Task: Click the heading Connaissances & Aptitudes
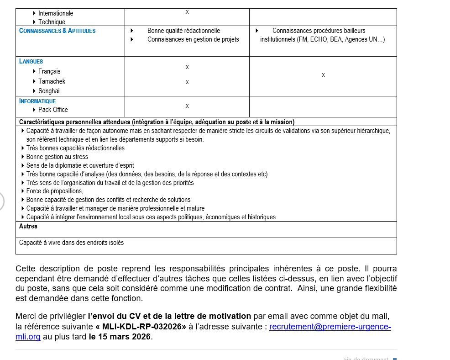tap(58, 31)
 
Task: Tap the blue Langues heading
tap(31, 61)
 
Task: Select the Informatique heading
tap(37, 101)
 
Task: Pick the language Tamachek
tap(52, 81)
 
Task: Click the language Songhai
tap(49, 91)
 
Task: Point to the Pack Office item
tap(53, 110)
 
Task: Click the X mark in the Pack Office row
tap(187, 106)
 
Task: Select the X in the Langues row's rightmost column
tap(323, 75)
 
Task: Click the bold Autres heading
tap(28, 226)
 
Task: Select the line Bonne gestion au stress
tap(57, 157)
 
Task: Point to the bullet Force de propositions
tap(55, 191)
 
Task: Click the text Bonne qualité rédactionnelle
tap(183, 31)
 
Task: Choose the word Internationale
tap(56, 13)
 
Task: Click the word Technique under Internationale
tap(52, 22)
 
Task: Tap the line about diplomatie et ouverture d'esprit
tap(80, 165)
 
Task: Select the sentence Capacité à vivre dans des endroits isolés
tap(71, 243)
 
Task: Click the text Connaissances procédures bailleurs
tap(319, 31)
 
